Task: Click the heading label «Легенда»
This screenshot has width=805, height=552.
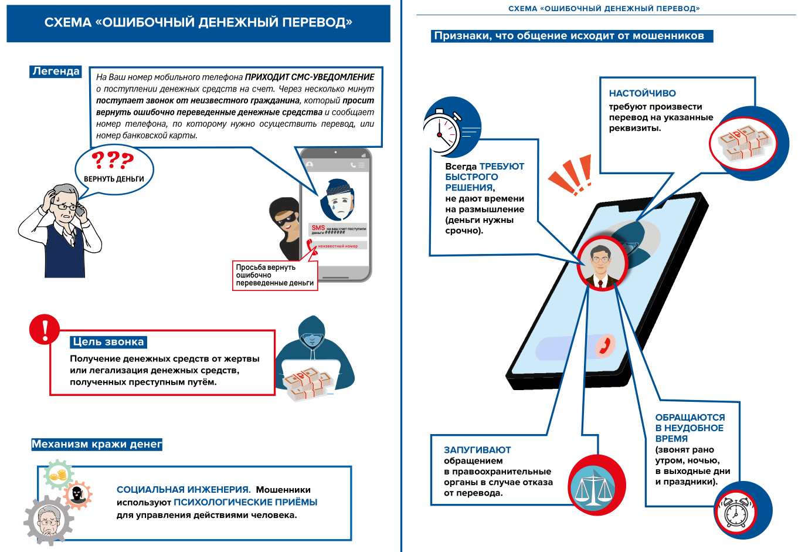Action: [x=56, y=72]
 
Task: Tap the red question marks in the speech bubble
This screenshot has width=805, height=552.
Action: [x=113, y=160]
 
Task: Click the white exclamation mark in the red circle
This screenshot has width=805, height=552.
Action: [x=45, y=329]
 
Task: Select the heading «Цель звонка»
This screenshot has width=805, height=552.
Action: [x=108, y=342]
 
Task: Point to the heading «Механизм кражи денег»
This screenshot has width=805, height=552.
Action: [x=97, y=444]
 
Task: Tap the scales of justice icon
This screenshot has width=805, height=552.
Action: [x=593, y=486]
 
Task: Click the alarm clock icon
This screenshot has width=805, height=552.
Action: [x=735, y=512]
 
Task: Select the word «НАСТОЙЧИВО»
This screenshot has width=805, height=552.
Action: [x=642, y=93]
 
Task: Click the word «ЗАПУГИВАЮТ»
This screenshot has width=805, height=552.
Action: [x=477, y=450]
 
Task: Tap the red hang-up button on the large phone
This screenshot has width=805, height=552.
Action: [x=605, y=346]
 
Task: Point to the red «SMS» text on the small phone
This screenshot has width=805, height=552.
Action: [x=318, y=228]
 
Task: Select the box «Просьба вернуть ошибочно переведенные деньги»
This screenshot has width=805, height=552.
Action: [x=275, y=275]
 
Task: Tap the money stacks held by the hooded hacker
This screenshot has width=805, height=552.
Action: [x=307, y=384]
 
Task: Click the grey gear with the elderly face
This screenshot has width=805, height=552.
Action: [x=49, y=520]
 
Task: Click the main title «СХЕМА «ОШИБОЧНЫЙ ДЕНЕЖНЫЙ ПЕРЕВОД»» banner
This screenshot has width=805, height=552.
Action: [x=198, y=23]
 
